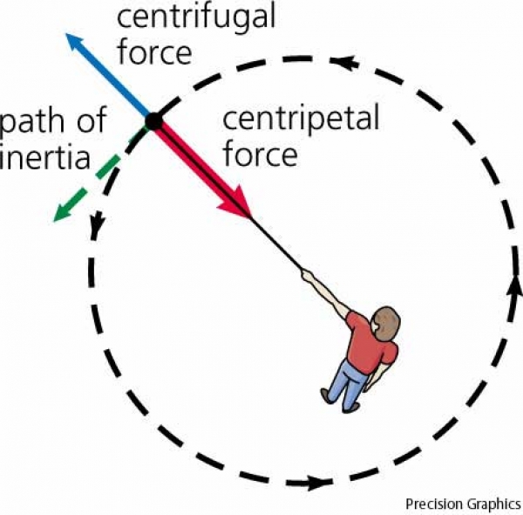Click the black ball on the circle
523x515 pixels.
coord(153,121)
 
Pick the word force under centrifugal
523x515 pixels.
coord(154,52)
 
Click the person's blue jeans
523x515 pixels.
coord(350,382)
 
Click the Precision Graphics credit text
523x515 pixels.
coord(462,504)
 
